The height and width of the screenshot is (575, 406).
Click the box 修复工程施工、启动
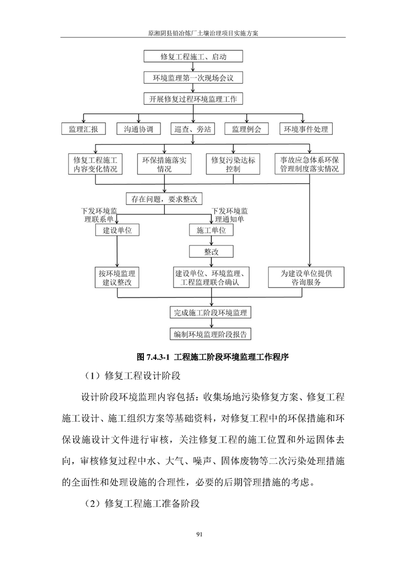click(193, 57)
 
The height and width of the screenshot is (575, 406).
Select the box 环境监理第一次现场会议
click(193, 78)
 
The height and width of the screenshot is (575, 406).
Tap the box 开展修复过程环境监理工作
click(193, 99)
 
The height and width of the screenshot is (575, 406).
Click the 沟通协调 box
click(138, 129)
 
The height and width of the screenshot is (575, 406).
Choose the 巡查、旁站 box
click(193, 129)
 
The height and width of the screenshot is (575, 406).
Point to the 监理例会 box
click(247, 129)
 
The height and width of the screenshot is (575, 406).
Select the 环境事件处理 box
click(306, 129)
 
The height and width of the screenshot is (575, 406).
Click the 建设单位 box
click(117, 231)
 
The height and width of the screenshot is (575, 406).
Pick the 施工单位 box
click(211, 231)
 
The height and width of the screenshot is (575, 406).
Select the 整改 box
click(211, 252)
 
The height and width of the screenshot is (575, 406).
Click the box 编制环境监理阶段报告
click(210, 335)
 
